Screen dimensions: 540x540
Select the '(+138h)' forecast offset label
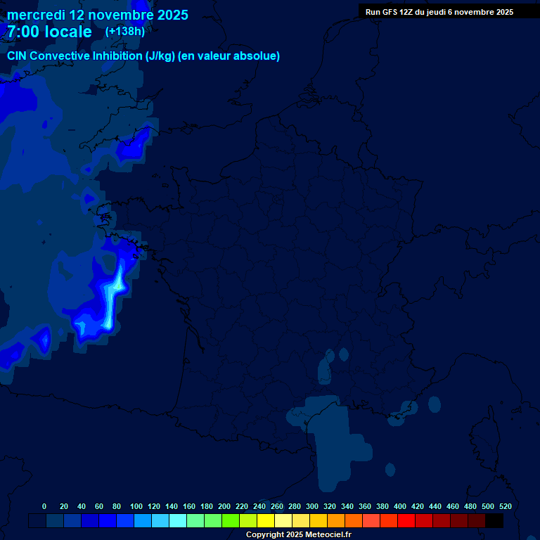(x=125, y=31)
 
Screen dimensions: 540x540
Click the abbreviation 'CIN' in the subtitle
(x=18, y=56)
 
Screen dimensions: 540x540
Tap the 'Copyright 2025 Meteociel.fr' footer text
(x=299, y=534)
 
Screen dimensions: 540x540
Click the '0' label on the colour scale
(x=44, y=506)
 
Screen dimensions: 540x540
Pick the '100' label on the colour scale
(x=136, y=506)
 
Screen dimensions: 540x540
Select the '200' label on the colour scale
(x=224, y=506)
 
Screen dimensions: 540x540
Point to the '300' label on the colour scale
(x=312, y=506)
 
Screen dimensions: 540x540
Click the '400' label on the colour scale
(x=400, y=506)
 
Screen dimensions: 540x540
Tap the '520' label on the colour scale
(x=506, y=506)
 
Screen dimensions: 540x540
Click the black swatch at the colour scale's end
(x=494, y=520)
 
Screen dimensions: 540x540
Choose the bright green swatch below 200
(x=231, y=520)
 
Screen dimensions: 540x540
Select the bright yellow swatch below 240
(x=266, y=520)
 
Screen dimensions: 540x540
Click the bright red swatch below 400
(x=406, y=520)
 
